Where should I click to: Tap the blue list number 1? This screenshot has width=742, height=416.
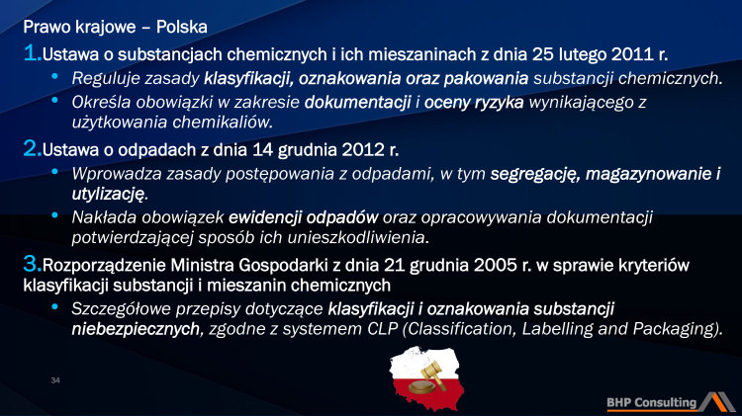(31, 50)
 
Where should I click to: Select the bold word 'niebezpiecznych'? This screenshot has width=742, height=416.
(135, 330)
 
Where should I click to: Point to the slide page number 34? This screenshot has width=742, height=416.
(55, 378)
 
